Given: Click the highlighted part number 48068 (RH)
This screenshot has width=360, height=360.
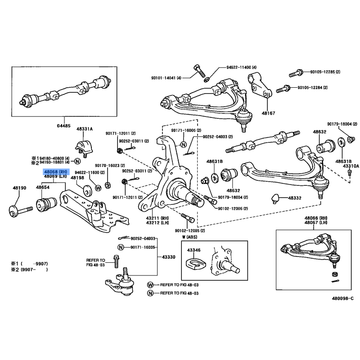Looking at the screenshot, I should point(55,171).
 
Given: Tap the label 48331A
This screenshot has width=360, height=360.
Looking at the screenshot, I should point(84,129).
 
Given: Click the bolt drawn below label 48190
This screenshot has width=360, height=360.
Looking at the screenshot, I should point(20,209).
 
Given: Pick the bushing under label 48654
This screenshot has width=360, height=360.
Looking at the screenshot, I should point(45,204).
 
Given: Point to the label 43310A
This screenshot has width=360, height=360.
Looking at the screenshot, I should point(351,166).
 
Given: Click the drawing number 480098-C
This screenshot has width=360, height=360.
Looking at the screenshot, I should point(343,298).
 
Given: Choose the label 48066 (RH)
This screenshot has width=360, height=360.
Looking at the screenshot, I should point(314,218).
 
